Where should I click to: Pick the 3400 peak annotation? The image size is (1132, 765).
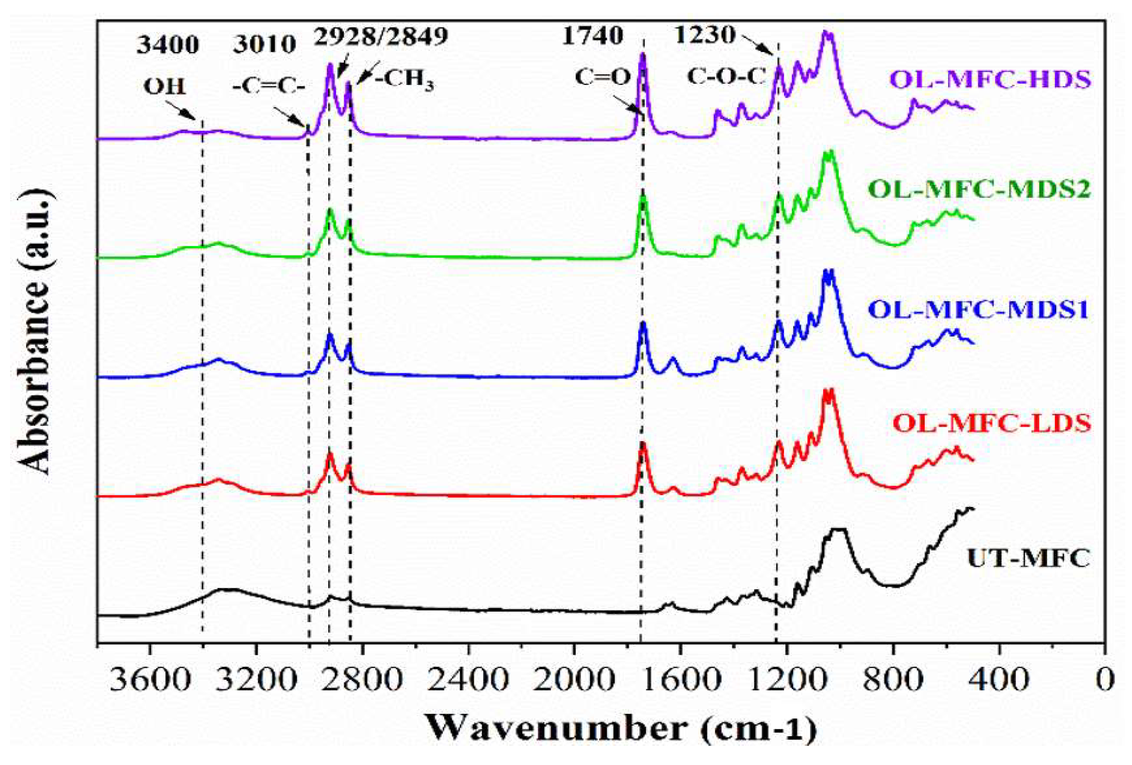(168, 45)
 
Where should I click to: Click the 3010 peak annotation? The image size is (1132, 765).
(264, 45)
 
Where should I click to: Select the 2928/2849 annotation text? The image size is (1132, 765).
(380, 37)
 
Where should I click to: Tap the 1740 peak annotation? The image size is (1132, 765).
(592, 37)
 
